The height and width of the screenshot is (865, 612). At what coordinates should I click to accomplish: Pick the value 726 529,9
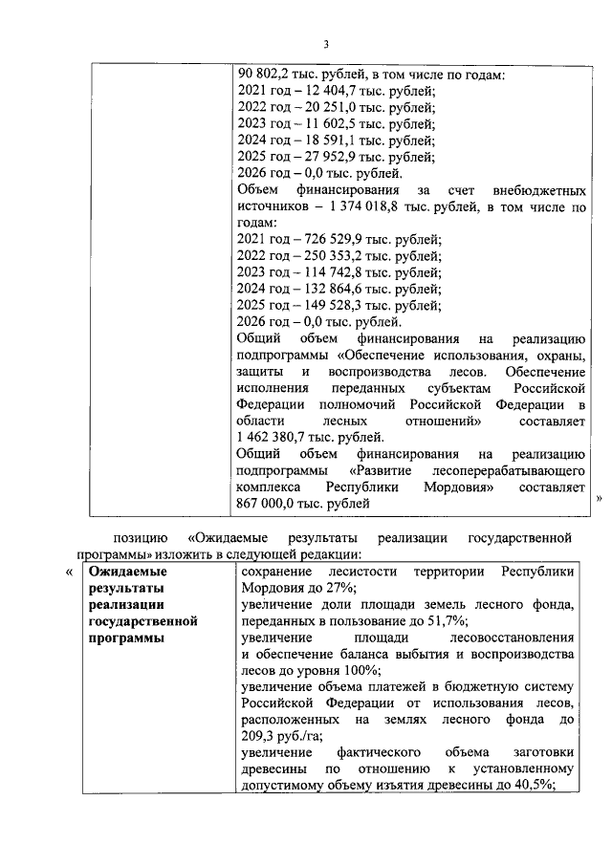(338, 239)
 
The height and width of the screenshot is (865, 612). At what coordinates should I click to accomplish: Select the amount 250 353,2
(338, 255)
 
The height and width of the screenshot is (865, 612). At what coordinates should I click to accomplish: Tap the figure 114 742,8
(338, 271)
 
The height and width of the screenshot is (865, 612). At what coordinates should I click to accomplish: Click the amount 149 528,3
(338, 305)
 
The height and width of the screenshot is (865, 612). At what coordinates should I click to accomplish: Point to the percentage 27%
(337, 588)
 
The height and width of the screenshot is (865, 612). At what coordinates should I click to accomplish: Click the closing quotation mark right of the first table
(600, 498)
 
